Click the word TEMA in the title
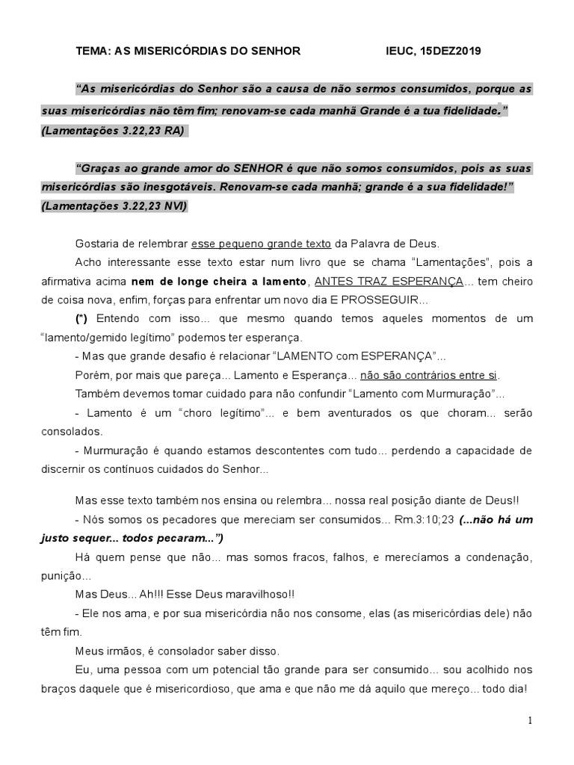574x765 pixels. click(93, 52)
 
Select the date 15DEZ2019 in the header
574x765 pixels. click(451, 52)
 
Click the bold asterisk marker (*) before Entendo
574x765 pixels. click(81, 318)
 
